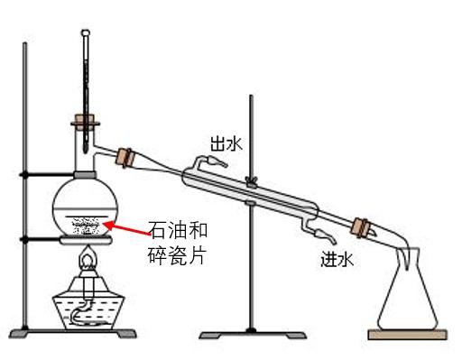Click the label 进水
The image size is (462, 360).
tap(336, 258)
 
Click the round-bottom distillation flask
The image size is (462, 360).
tap(86, 205)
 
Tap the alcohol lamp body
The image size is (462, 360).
tap(86, 307)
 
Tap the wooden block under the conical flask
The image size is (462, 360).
tap(408, 335)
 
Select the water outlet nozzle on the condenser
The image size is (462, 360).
tap(214, 161)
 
